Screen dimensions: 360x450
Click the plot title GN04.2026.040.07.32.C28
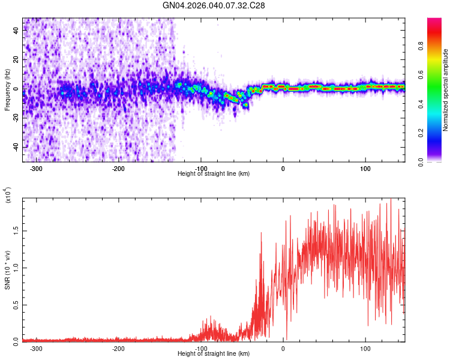(214, 5)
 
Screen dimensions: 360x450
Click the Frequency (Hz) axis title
(7, 90)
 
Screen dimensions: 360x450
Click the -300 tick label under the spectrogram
(36, 168)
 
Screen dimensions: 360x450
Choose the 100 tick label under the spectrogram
(365, 168)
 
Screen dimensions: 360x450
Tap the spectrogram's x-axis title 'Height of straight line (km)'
(214, 173)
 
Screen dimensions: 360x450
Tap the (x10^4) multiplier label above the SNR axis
(8, 196)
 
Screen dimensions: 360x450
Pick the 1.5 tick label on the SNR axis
(15, 230)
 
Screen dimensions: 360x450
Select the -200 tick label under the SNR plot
(118, 348)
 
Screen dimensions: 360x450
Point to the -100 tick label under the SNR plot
(200, 348)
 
